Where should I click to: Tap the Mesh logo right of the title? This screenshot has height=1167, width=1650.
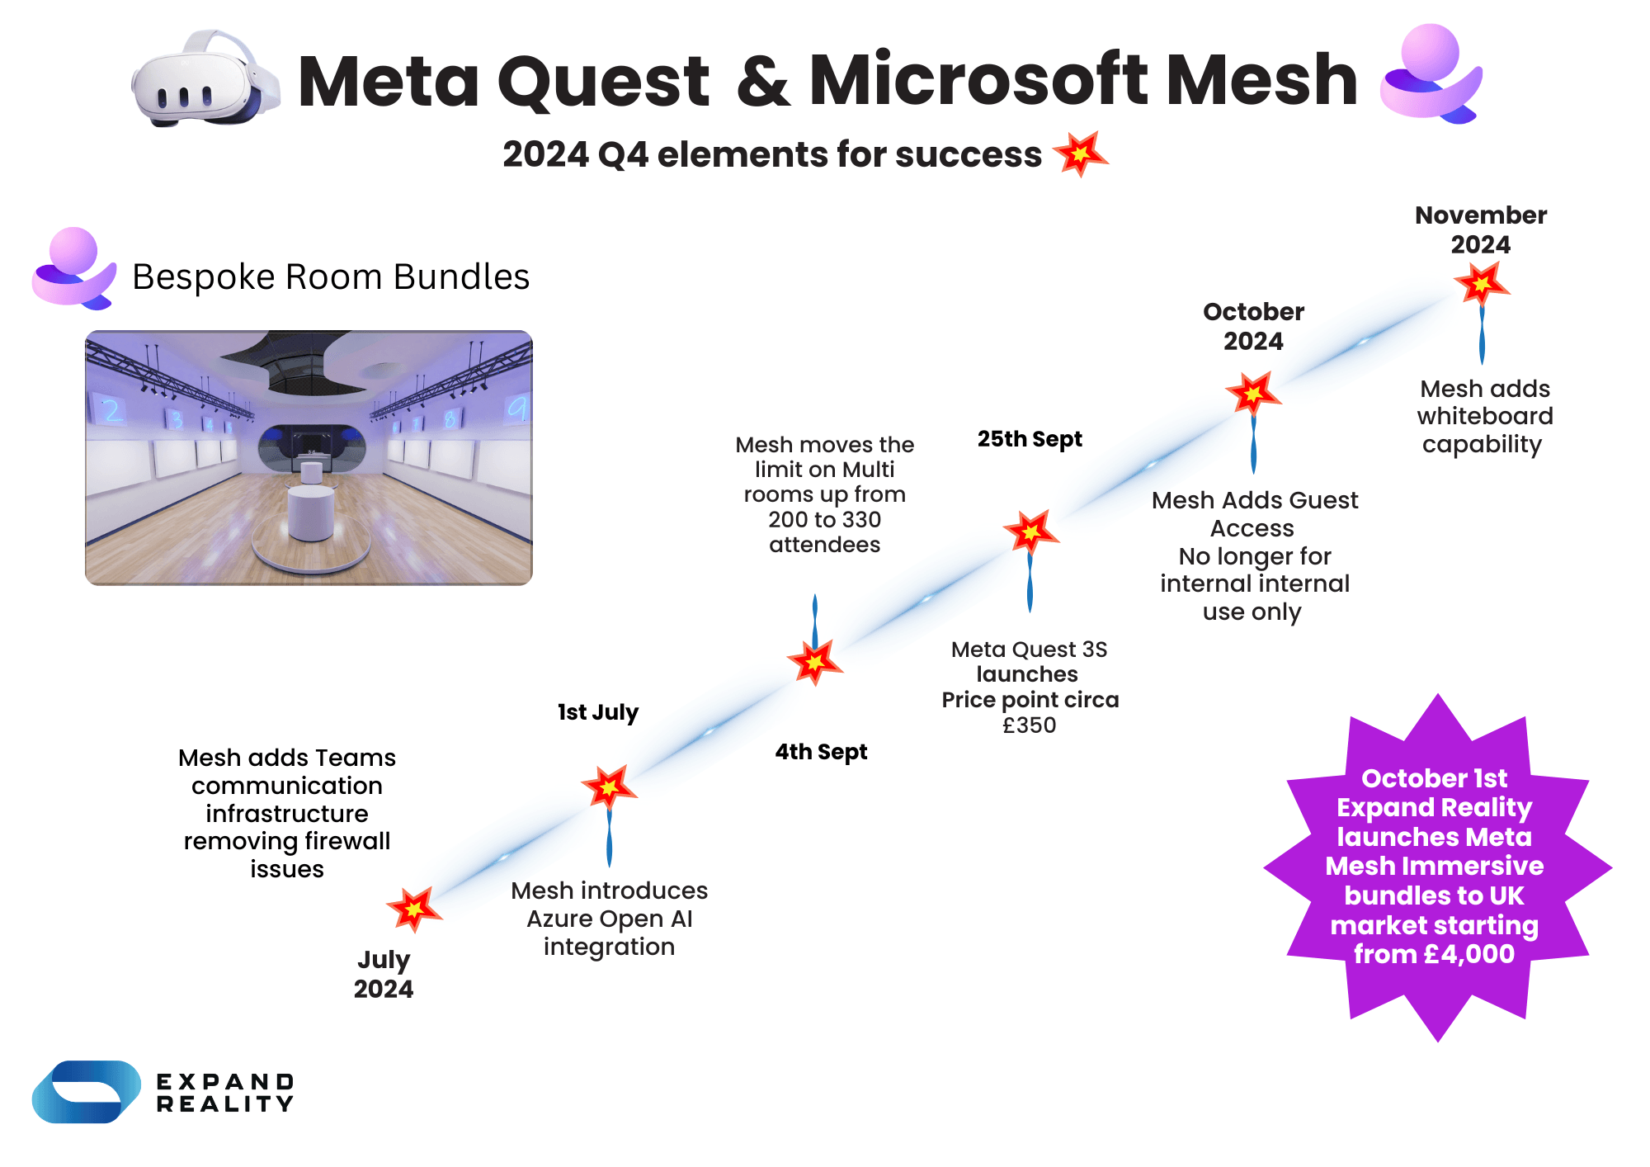(1431, 74)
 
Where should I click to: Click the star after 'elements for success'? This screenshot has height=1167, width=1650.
(1080, 154)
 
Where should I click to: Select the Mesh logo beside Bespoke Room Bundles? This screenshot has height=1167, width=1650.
(73, 268)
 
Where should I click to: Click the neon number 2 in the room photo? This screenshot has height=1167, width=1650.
(112, 410)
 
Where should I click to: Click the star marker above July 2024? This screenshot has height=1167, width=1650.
(414, 909)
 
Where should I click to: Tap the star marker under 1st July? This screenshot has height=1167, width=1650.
(609, 787)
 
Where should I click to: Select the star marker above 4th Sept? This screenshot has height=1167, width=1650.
(815, 662)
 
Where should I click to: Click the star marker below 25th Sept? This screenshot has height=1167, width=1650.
(1030, 532)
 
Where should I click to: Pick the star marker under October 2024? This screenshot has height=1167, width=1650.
(1253, 394)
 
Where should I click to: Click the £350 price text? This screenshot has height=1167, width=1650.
(1029, 725)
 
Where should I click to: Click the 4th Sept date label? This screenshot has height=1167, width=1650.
(821, 752)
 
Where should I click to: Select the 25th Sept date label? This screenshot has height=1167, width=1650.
(1030, 439)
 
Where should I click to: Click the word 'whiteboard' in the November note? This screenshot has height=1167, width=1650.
(1485, 416)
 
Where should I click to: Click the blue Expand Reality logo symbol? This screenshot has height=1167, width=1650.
(86, 1092)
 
